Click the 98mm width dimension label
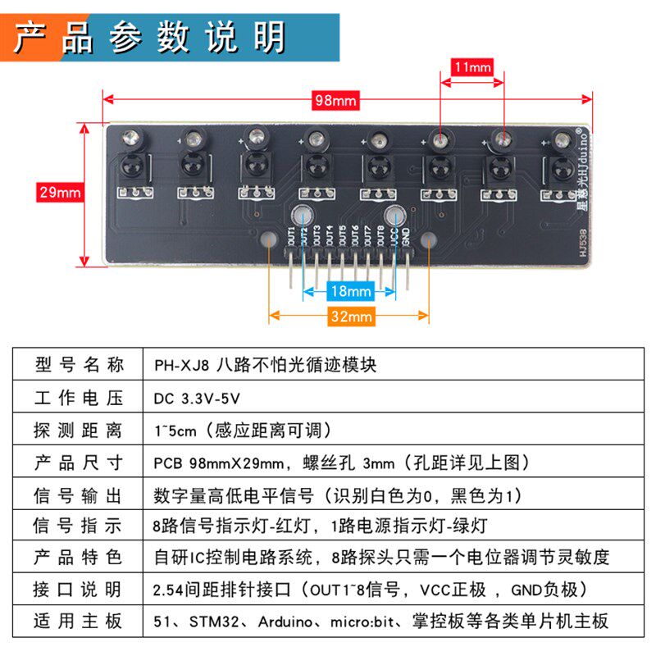point(336,100)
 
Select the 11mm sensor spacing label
point(471,66)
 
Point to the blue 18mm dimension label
point(350,291)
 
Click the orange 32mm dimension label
point(350,317)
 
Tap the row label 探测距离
point(79,430)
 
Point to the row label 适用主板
point(79,620)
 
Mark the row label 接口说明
point(79,589)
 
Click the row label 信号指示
point(79,526)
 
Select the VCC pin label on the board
point(394,236)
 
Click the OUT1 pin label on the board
point(291,236)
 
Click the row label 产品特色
point(79,558)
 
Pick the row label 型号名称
point(79,365)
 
